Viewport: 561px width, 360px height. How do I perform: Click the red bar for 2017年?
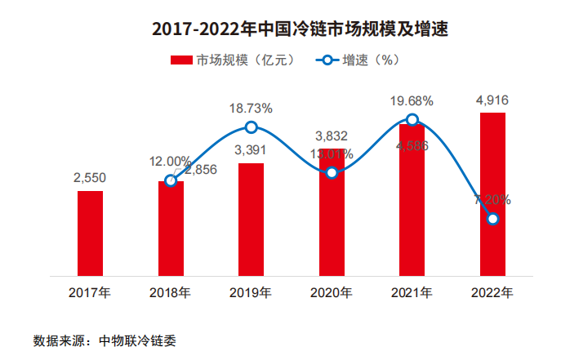pyautogui.click(x=90, y=233)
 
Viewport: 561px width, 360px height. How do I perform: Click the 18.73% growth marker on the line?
pyautogui.click(x=252, y=127)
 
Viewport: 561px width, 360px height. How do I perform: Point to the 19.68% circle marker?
pyautogui.click(x=412, y=120)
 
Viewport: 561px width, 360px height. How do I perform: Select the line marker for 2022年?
pyautogui.click(x=492, y=218)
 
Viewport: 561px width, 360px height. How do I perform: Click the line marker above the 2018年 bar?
pyautogui.click(x=171, y=180)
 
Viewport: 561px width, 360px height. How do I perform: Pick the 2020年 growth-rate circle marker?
pyautogui.click(x=332, y=172)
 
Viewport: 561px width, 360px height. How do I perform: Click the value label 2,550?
pyautogui.click(x=90, y=177)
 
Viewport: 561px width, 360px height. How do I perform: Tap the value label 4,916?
pyautogui.click(x=492, y=100)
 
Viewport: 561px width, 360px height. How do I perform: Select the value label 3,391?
pyautogui.click(x=251, y=149)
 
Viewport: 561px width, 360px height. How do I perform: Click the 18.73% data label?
pyautogui.click(x=251, y=108)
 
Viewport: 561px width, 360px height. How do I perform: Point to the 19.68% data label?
pyautogui.click(x=412, y=100)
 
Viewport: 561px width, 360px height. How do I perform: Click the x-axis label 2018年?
pyautogui.click(x=171, y=292)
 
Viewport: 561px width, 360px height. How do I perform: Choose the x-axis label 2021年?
pyautogui.click(x=412, y=292)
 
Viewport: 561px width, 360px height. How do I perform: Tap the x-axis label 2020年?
pyautogui.click(x=332, y=292)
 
